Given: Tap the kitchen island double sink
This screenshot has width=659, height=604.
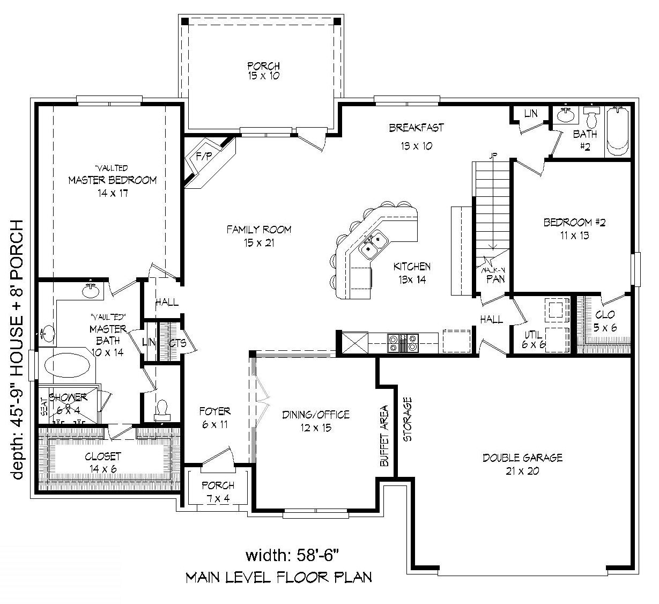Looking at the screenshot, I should click(374, 243).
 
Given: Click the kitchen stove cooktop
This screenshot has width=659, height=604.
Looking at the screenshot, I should click(403, 342).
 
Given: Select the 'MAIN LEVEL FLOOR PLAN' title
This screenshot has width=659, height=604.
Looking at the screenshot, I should click(278, 577).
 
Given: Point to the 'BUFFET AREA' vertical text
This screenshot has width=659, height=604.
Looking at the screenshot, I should click(384, 434).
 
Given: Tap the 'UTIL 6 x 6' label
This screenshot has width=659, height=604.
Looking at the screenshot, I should click(534, 339).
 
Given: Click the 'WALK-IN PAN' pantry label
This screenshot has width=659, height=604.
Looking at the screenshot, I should click(493, 275).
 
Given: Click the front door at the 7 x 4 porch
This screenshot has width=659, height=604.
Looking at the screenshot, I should click(218, 457).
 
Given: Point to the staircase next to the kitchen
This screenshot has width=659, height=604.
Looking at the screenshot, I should click(491, 204).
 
